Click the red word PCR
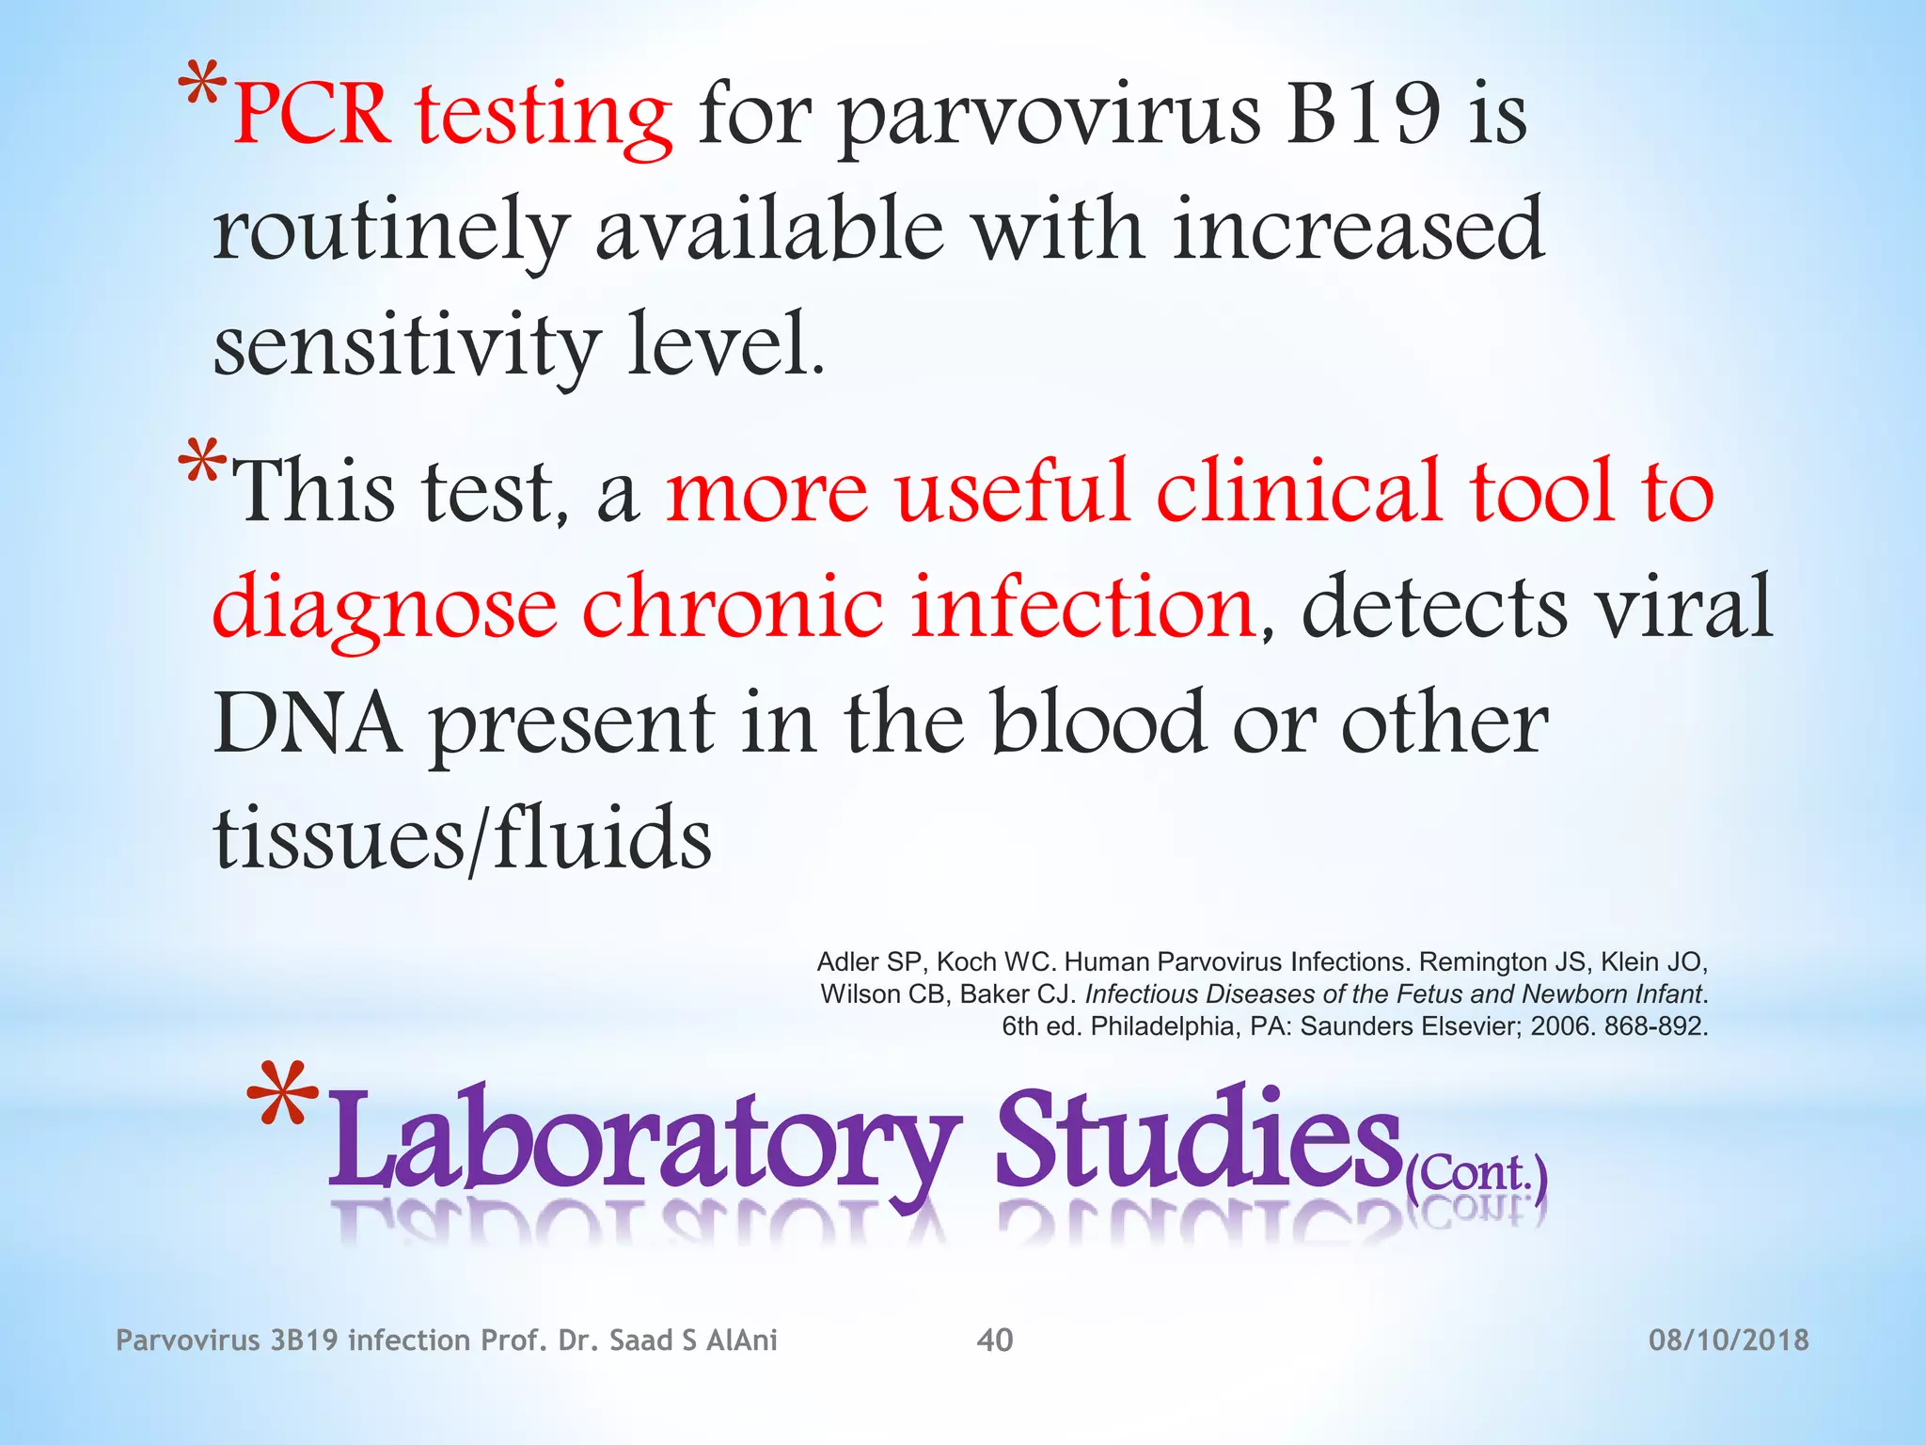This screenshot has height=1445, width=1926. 311,115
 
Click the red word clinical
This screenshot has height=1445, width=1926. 1299,490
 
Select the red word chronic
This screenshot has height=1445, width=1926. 733,607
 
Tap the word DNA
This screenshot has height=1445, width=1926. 308,722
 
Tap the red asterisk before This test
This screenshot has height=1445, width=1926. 202,463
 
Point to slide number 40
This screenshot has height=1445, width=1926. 995,1340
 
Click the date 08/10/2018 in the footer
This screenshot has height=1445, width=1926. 1729,1340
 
